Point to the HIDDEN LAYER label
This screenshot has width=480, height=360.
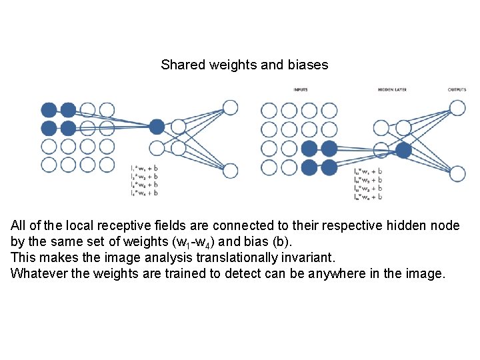[392, 89]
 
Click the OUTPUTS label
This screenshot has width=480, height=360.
[457, 89]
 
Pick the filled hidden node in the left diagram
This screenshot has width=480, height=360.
[157, 127]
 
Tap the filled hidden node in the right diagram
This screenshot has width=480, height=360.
[403, 150]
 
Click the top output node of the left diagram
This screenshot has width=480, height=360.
[230, 107]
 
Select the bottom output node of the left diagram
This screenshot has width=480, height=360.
[230, 171]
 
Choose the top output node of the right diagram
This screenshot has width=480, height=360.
[457, 108]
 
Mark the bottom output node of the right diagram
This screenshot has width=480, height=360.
[457, 174]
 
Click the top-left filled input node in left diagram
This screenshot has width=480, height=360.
[49, 110]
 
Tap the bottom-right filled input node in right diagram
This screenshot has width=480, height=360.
[329, 167]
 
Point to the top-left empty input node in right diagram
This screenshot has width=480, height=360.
[269, 110]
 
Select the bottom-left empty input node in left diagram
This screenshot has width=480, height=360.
[49, 165]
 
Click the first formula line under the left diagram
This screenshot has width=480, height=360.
[145, 168]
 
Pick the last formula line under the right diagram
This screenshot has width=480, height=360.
[367, 197]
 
